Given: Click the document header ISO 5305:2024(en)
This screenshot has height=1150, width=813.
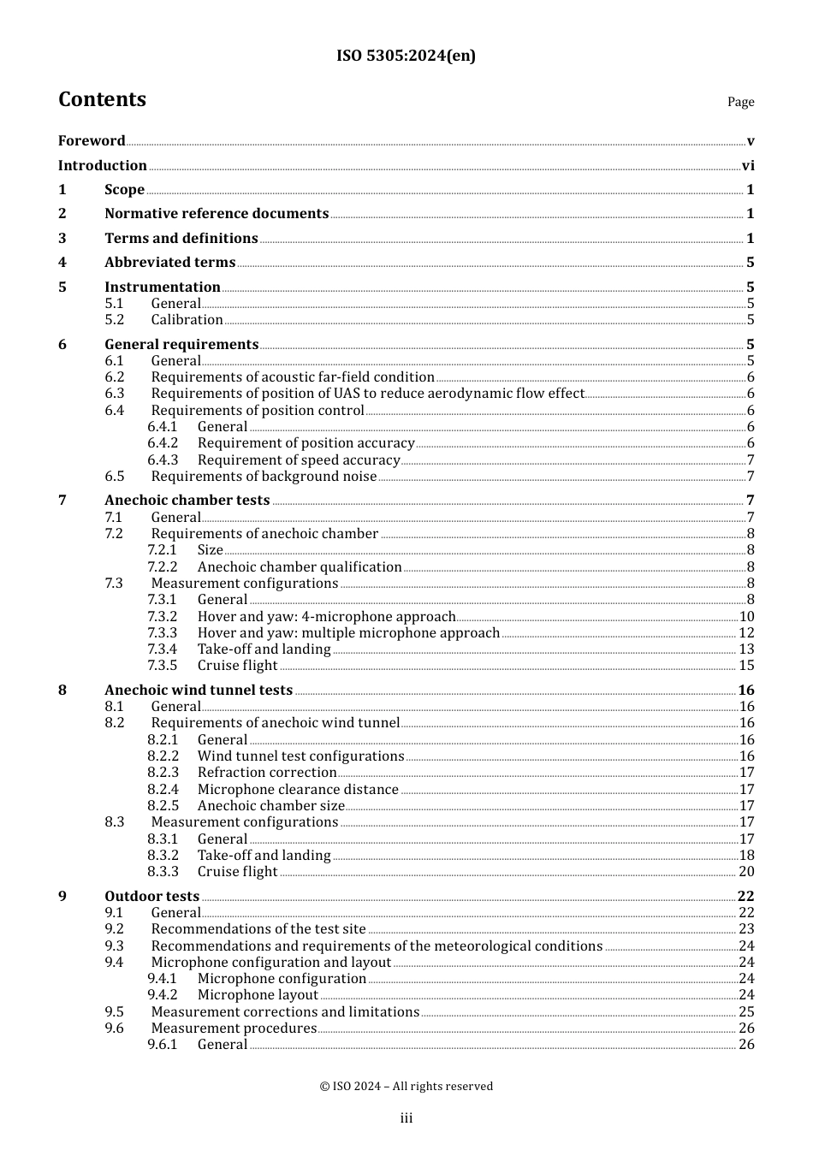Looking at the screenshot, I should tap(406, 56).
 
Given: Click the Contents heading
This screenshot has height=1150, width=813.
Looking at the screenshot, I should tap(102, 99).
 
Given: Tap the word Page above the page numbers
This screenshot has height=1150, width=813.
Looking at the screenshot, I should tap(740, 102).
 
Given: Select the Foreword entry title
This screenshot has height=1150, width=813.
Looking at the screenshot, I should tap(92, 141).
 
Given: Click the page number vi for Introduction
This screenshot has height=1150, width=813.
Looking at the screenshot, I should tap(748, 166).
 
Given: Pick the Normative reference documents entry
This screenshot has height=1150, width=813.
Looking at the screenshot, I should tap(217, 214).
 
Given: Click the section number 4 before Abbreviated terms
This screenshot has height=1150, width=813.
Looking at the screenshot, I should tap(62, 263).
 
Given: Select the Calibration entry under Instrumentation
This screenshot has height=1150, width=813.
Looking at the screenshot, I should tap(187, 320).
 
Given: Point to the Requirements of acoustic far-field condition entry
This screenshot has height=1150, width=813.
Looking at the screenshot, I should tap(293, 377).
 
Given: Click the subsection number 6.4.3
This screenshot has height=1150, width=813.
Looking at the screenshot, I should tap(163, 460).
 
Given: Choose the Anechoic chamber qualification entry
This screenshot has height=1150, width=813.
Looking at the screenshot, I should tap(300, 567).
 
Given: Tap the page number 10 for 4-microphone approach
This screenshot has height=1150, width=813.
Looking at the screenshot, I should tap(746, 617).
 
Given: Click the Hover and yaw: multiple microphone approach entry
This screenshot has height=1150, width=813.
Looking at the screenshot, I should tap(348, 633).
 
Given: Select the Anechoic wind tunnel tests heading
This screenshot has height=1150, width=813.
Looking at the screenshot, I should tap(199, 691).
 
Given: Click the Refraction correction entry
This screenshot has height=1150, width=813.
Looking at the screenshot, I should tap(267, 773).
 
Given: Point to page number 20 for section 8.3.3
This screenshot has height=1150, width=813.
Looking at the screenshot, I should tap(746, 872).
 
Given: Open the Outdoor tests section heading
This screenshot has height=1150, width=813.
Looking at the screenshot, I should tap(151, 897).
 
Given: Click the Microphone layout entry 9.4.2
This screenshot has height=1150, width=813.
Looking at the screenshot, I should tap(258, 995).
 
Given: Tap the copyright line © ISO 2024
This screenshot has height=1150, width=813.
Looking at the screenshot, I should tap(406, 1087).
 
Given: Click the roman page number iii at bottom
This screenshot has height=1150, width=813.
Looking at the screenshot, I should tap(406, 1118).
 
